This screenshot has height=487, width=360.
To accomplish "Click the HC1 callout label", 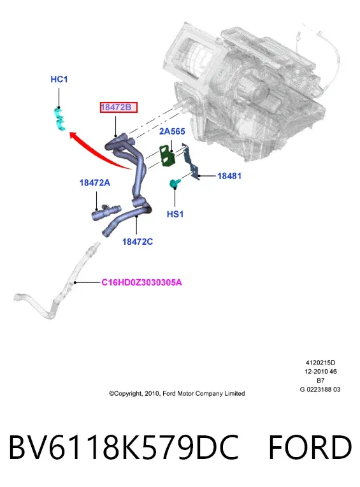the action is click(x=59, y=79).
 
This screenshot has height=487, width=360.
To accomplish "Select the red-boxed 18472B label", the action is click(x=119, y=108).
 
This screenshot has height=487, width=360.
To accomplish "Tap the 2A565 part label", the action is click(x=172, y=131).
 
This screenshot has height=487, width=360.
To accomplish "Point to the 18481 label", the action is click(x=229, y=176).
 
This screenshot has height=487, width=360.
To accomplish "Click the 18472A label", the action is click(x=95, y=182).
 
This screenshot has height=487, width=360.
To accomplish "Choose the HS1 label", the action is click(x=175, y=214).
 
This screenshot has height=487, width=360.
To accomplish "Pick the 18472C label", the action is click(x=138, y=242).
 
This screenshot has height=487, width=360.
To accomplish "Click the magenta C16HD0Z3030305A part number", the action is click(x=141, y=282).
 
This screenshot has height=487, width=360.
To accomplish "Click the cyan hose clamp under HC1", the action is click(x=59, y=119).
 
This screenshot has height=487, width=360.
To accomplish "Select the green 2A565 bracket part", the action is click(x=167, y=156).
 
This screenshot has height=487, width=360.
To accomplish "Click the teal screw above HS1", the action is click(x=174, y=183).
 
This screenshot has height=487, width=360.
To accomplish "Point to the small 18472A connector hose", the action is click(x=106, y=212).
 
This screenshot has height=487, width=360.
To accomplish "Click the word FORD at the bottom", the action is click(x=310, y=447).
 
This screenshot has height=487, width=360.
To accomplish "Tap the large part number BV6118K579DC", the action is click(x=124, y=447).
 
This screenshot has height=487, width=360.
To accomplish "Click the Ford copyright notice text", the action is click(x=176, y=393).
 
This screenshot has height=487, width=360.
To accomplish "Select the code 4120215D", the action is click(x=320, y=363).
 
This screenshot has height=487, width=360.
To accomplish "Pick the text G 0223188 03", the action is click(x=320, y=389).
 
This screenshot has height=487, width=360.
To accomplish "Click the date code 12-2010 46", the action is click(x=320, y=372).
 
